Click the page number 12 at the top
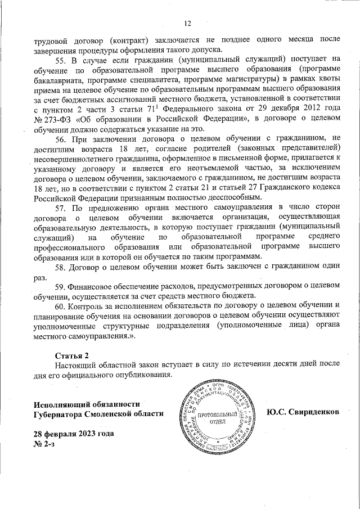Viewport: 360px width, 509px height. click(188, 24)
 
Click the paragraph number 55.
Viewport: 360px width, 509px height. click(60, 59)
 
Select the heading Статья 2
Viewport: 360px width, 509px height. click(71, 356)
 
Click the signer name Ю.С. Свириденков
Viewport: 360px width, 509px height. click(303, 411)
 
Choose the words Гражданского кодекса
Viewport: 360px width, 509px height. click(298, 188)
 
